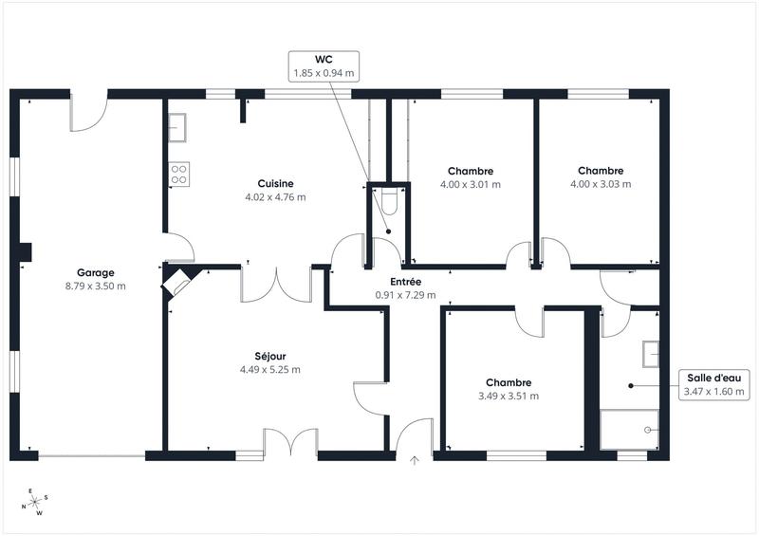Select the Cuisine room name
point(275,183)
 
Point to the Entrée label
point(405,282)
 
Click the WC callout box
point(324,65)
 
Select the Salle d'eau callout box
point(714,384)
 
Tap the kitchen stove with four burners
point(178,173)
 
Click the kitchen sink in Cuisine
point(177,126)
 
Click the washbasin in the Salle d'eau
point(650,353)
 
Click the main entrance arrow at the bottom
point(414,462)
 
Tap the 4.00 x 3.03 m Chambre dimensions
point(601,184)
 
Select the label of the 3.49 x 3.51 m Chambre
point(509,382)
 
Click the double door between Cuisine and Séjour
point(276,284)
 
